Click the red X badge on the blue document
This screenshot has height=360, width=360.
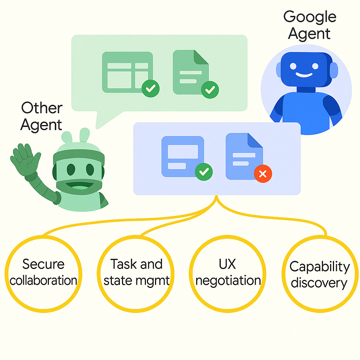tap(263, 174)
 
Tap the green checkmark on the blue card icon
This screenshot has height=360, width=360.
tap(204, 172)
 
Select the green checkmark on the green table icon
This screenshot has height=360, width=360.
tap(150, 88)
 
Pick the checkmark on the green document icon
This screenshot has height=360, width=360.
tap(210, 90)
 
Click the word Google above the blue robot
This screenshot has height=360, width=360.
tap(310, 17)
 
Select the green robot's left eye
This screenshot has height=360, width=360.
tap(71, 170)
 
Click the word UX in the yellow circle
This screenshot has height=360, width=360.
tap(227, 264)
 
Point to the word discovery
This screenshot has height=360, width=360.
tap(319, 283)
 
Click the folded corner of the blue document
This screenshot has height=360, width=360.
tap(255, 141)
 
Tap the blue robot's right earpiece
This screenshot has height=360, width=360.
tap(334, 70)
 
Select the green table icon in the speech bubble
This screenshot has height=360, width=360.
tap(127, 72)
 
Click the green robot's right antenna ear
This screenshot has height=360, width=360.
tap(85, 135)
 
